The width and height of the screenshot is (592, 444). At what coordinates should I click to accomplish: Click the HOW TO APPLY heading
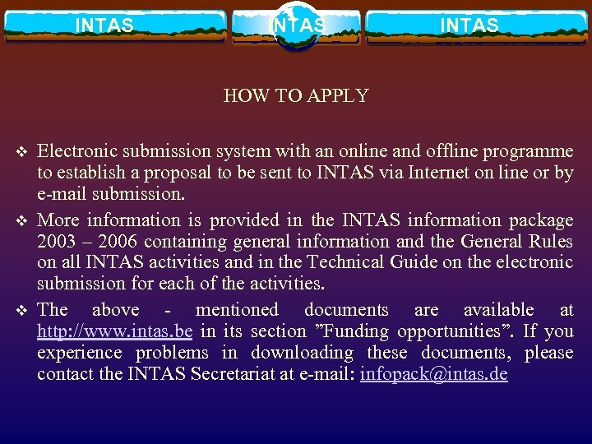pyautogui.click(x=296, y=95)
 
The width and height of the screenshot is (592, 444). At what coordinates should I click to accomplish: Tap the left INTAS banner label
pyautogui.click(x=104, y=25)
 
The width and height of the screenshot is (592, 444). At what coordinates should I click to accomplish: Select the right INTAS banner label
pyautogui.click(x=469, y=25)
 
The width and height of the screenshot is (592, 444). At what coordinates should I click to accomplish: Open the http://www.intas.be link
pyautogui.click(x=114, y=331)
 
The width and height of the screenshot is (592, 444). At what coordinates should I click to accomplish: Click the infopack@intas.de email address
pyautogui.click(x=433, y=374)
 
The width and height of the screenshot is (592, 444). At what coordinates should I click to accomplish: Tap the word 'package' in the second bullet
pyautogui.click(x=541, y=220)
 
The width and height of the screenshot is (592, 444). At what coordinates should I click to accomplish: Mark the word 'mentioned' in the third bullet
pyautogui.click(x=237, y=310)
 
